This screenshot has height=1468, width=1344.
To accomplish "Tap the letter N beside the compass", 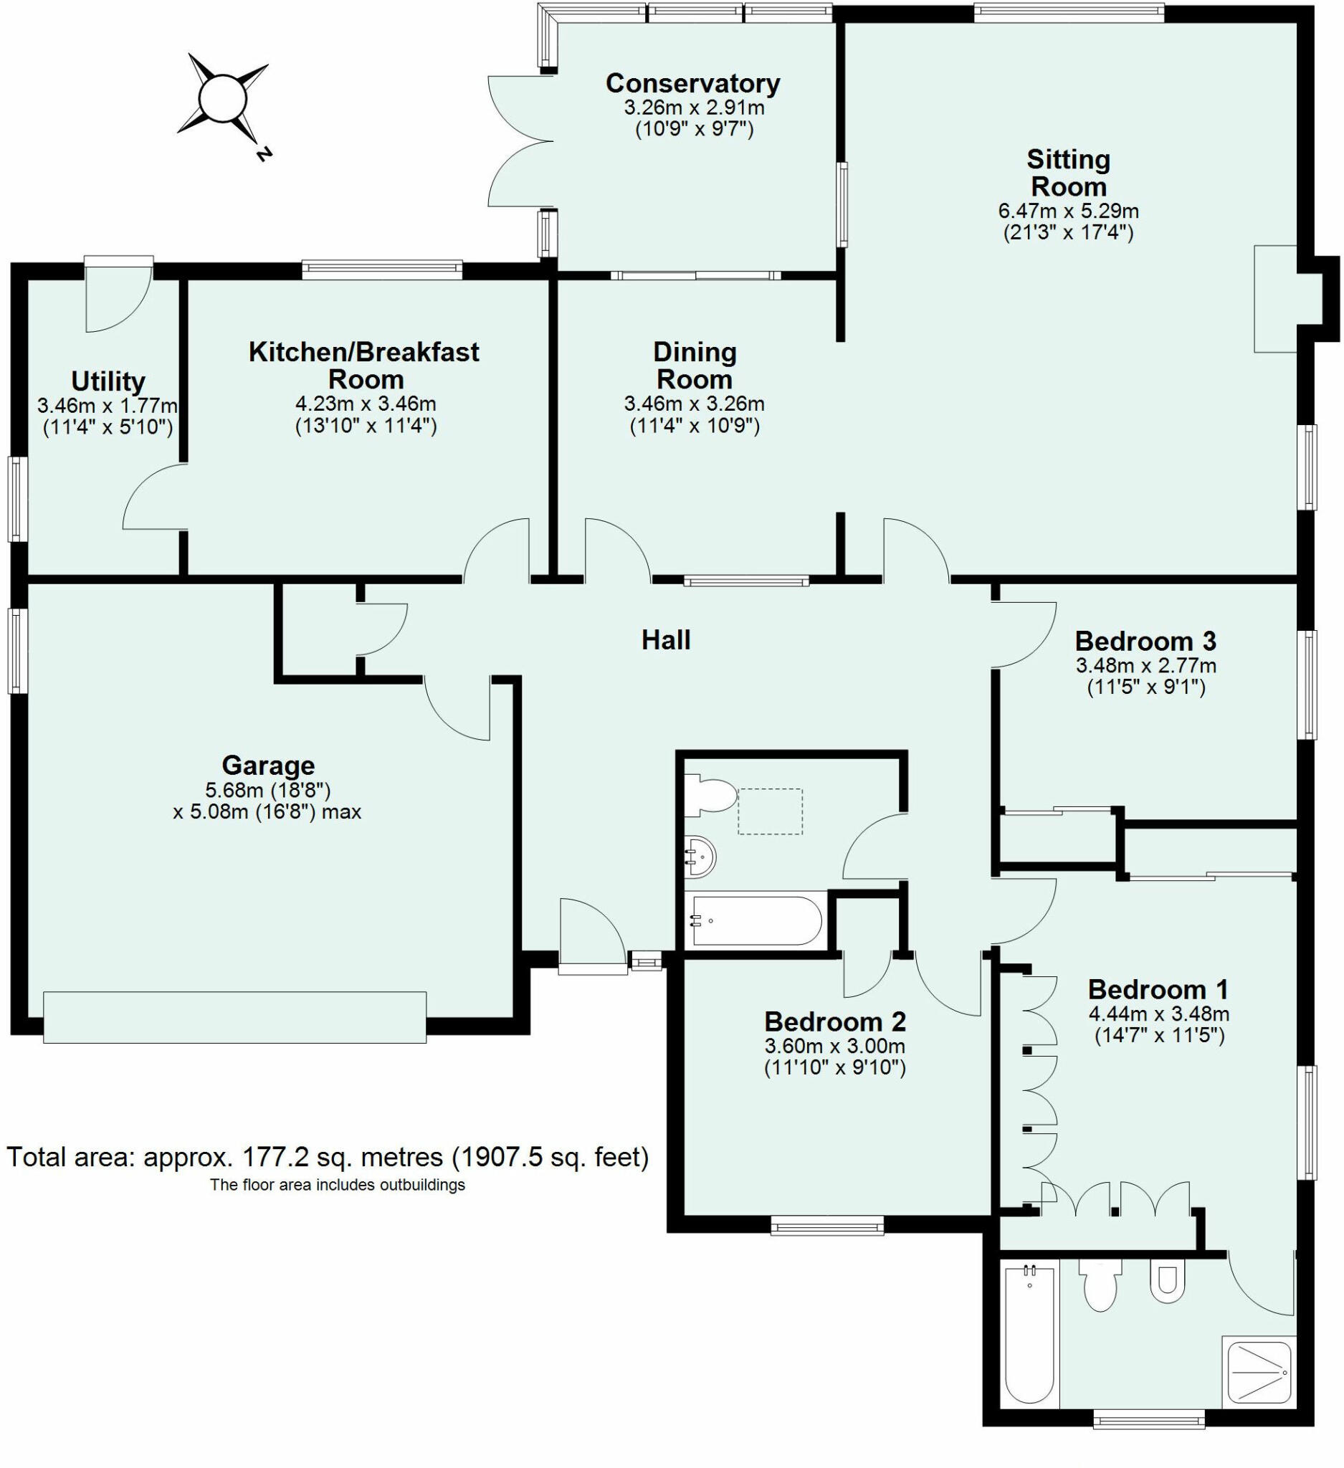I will [x=264, y=153].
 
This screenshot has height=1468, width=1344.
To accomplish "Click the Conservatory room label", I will [x=692, y=83].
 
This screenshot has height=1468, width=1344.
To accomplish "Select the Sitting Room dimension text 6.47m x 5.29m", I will [x=1068, y=211].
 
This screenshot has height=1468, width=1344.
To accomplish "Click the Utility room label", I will [x=108, y=381].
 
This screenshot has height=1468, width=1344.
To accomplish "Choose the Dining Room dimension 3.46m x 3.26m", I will [x=694, y=403].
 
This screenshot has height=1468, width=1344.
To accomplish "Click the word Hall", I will [x=665, y=640].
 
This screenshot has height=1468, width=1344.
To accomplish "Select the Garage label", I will [x=268, y=766].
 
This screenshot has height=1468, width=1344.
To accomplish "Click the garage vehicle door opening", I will [x=234, y=1016].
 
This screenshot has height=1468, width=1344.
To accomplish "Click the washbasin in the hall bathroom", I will [x=700, y=857].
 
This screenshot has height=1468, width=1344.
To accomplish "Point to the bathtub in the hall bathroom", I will [x=756, y=921].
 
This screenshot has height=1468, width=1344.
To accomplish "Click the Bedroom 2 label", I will [x=835, y=1021].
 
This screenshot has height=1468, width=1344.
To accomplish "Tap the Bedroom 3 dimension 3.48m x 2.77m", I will [x=1146, y=664].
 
